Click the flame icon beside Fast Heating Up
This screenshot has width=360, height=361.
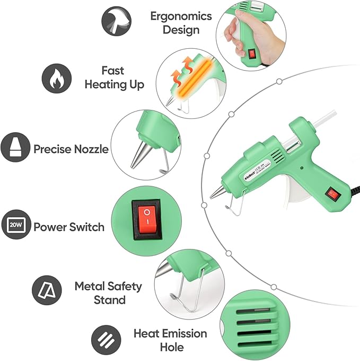(x=57, y=78)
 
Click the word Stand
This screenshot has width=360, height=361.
(x=109, y=300)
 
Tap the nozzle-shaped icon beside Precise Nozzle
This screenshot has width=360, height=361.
(x=14, y=148)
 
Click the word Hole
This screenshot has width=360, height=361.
(x=171, y=347)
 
